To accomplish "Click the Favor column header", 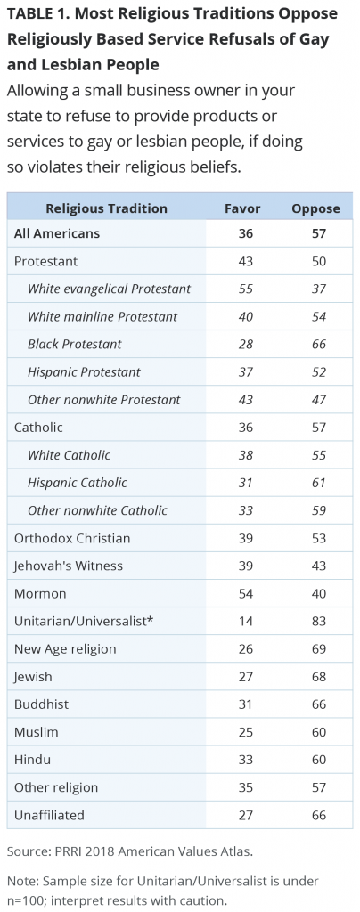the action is [242, 208].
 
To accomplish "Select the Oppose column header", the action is [315, 208].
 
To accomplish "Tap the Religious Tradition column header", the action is [106, 208].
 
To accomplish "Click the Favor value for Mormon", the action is [246, 594].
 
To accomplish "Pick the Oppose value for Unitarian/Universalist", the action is [318, 621].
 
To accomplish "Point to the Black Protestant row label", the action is [75, 344].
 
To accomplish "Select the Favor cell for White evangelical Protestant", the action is [246, 289].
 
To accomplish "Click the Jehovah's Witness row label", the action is [69, 566].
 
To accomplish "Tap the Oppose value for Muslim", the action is [318, 732].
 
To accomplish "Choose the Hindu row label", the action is [33, 760].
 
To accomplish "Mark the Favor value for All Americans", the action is [246, 233].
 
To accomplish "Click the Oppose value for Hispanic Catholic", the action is [318, 482].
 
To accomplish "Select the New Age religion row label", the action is [65, 649].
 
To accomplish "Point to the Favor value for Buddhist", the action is [246, 704].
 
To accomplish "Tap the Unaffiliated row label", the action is [49, 815].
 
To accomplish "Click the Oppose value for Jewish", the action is [318, 677].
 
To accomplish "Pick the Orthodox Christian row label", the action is [72, 538].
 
